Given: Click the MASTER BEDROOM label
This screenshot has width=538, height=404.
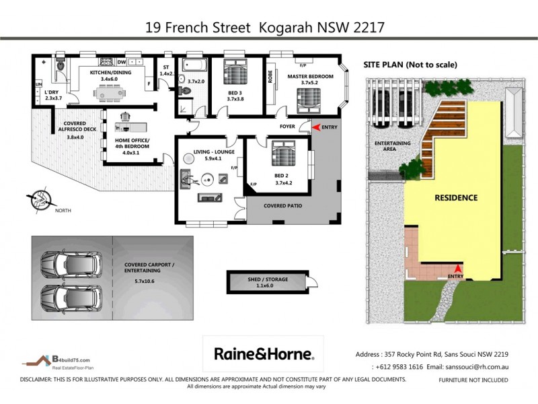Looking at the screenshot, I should [x=310, y=77].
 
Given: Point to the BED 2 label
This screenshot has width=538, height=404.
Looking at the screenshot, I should [x=281, y=174].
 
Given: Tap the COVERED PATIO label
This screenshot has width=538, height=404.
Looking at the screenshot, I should [x=282, y=205].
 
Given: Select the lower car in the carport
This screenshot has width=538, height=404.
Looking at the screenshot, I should [x=67, y=294].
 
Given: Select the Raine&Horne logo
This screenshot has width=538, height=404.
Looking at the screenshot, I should [x=263, y=353].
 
